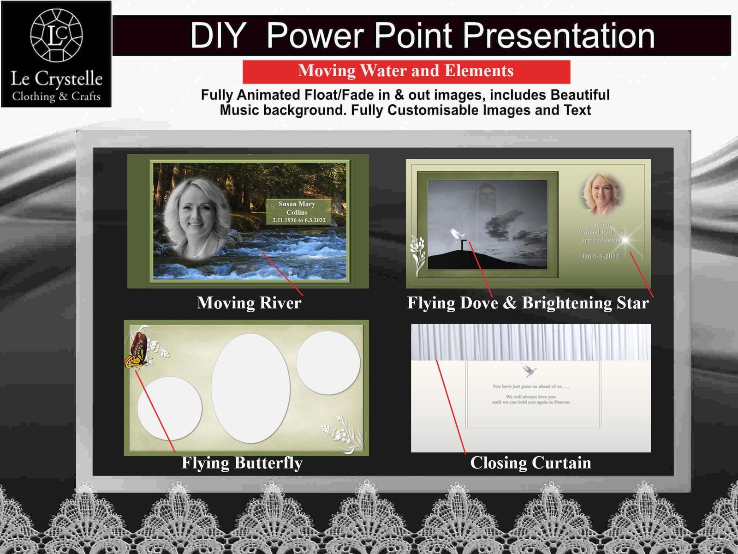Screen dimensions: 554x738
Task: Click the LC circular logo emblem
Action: point(56,35)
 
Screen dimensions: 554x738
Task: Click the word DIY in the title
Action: point(218,36)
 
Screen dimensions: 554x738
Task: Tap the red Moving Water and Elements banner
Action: point(406,71)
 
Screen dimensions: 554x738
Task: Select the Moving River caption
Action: point(249,303)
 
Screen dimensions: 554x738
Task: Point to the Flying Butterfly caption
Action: point(242,463)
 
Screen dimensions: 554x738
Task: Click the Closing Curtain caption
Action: point(530,463)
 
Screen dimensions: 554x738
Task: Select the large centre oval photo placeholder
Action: point(251,388)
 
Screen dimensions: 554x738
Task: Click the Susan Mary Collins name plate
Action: point(298,212)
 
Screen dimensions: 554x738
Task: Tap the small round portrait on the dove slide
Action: point(601,193)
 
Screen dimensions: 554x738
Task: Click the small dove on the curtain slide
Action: point(529,370)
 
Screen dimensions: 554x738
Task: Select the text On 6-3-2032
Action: point(601,256)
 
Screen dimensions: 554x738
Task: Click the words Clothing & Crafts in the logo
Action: point(56,96)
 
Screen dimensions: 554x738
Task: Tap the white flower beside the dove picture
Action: point(418,255)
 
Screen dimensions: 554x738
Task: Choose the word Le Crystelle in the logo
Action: point(56,79)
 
